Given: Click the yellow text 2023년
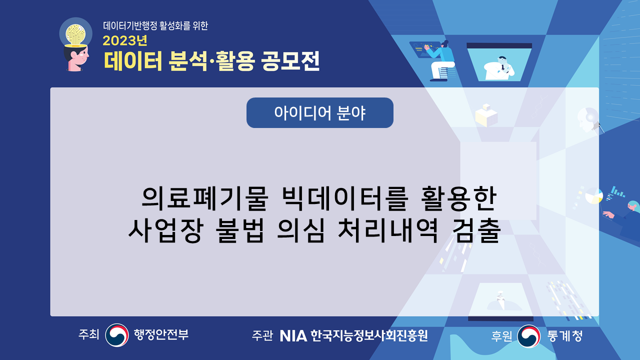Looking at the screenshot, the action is click(125, 41).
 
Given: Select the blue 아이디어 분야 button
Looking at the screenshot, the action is click(319, 112).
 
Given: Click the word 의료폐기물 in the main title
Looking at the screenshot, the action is click(205, 198).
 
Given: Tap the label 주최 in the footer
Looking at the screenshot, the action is click(88, 334).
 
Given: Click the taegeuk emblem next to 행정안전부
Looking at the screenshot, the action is click(117, 335).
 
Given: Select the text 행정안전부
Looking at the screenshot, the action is click(161, 334).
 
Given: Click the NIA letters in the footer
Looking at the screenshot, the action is click(293, 335).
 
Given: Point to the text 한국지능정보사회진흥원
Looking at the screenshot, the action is click(369, 335).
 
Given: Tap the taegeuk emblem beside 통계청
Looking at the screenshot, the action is click(529, 336).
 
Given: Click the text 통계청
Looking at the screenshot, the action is click(565, 336).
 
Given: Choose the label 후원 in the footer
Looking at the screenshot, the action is click(501, 336).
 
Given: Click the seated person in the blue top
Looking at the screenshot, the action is click(440, 60).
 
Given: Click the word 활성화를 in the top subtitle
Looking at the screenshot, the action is click(175, 26).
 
